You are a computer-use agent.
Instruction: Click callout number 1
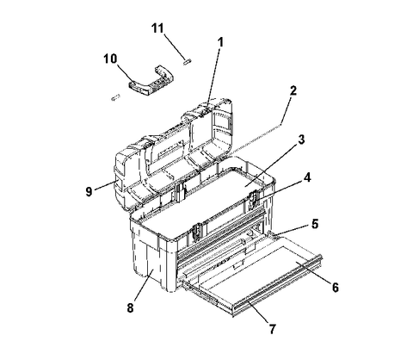coord(220,42)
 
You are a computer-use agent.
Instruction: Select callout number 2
coord(293,91)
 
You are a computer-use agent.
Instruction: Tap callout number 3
coord(301,140)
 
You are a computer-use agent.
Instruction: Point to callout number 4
coord(307,177)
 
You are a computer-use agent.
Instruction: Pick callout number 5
coord(315,224)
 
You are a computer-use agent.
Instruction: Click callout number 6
coord(335,287)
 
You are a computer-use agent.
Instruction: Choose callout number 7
coord(272,329)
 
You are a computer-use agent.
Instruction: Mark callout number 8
coord(130,308)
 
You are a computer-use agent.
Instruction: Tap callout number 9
coord(89,191)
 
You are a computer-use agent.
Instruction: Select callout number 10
coord(110,59)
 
